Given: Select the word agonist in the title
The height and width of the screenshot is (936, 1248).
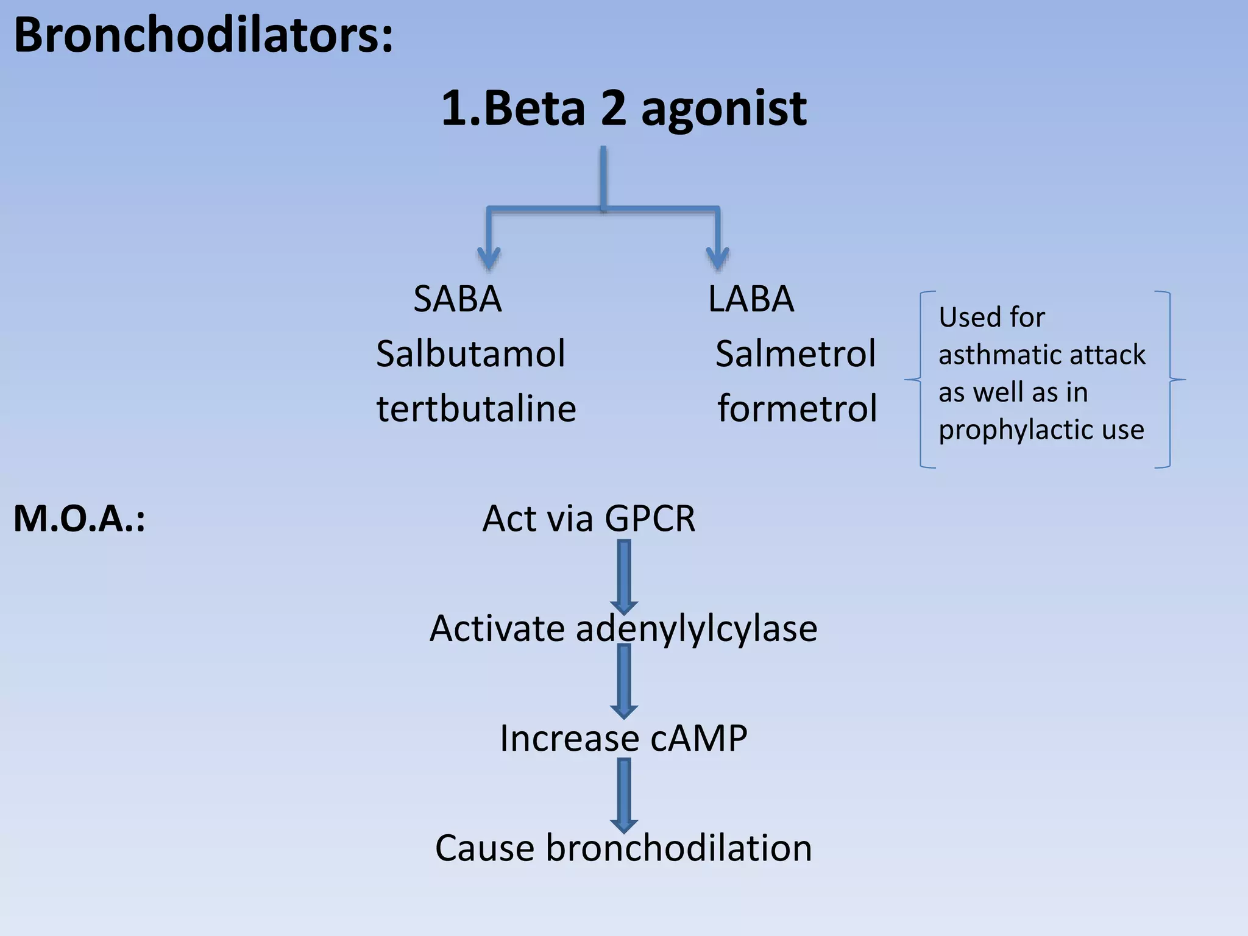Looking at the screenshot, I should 724,110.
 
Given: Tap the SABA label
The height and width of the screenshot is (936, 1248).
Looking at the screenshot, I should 458,299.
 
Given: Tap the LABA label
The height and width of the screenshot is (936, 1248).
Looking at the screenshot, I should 751,299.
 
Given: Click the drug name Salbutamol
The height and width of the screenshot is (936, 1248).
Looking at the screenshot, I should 470,354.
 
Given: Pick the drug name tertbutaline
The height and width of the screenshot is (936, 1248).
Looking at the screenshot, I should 476,408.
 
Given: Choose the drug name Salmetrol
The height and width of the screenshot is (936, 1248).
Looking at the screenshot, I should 795,354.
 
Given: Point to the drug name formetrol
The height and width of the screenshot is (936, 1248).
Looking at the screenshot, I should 797,408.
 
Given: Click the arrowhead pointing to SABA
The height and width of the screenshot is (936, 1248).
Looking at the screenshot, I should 489,259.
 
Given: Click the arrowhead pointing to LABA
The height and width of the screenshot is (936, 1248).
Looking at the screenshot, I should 718,259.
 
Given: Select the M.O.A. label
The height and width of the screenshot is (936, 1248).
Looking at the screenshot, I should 79,519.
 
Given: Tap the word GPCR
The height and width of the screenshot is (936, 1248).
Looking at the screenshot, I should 650,519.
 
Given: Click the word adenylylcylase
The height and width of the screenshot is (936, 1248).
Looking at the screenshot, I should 696,629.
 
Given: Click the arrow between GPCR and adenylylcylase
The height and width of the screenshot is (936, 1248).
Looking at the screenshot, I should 624,576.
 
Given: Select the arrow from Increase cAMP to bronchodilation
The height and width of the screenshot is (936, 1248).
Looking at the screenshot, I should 624,795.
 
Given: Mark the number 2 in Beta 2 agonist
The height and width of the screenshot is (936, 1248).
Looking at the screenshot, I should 613,110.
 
